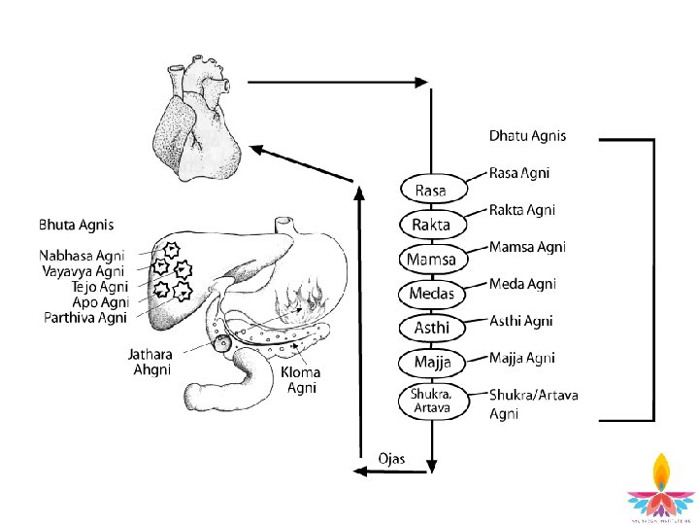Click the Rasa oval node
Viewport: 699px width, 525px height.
coord(430,189)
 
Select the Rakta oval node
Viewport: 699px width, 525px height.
coord(431,225)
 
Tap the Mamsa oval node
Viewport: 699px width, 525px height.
coord(431,260)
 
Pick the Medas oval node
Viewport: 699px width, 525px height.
coord(431,294)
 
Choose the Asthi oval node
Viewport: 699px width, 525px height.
coord(431,329)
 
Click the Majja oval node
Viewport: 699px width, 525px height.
coord(432,364)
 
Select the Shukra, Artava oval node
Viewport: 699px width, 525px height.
coord(431,400)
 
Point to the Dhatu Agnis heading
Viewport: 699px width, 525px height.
coord(527,136)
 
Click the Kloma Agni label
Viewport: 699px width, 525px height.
coord(300,380)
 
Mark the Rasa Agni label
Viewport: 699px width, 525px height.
coord(518,174)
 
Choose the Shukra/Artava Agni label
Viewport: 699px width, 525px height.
coord(529,403)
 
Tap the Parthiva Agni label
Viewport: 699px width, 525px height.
coord(86,316)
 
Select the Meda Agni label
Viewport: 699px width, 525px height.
coord(522,284)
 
